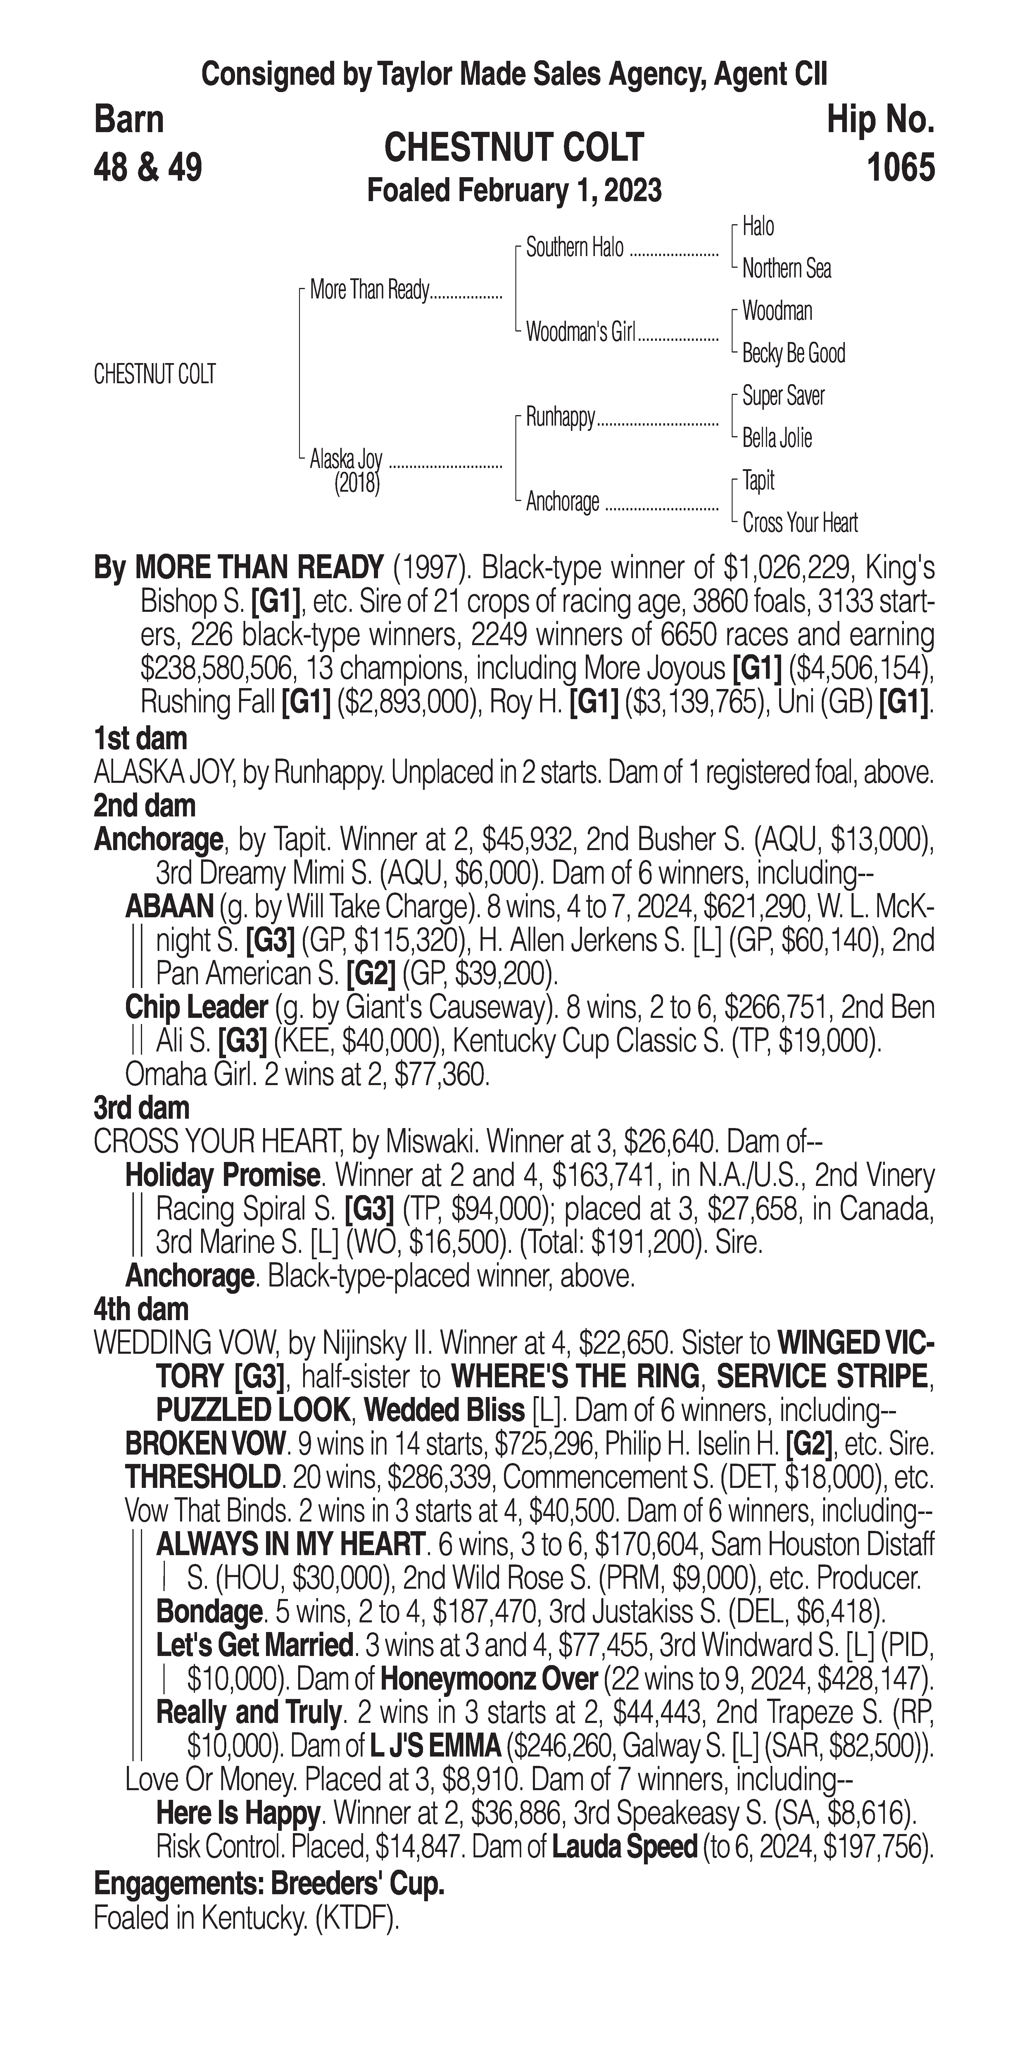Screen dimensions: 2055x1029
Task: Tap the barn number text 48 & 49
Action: (x=148, y=168)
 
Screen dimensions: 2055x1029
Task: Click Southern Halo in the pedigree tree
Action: (x=574, y=248)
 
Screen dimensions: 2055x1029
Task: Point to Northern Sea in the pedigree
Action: (x=786, y=269)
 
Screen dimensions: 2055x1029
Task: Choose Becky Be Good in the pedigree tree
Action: (x=793, y=353)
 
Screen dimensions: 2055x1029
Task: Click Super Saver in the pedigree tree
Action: (x=783, y=396)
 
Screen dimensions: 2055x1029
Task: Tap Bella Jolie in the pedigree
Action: (x=776, y=438)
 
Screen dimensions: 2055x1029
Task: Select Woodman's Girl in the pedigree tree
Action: (x=580, y=333)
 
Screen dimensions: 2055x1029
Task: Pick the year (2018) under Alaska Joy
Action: (x=357, y=483)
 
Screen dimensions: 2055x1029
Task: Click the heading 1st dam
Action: (x=140, y=739)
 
